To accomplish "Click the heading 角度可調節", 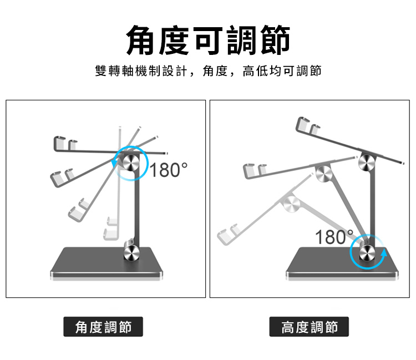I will click(208, 40).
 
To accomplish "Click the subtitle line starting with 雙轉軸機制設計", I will click(208, 71).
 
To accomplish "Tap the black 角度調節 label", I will click(104, 327).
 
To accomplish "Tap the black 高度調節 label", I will click(309, 327).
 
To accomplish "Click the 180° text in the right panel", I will click(331, 237).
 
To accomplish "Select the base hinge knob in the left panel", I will click(131, 253).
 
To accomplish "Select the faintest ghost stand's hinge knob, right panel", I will click(290, 205).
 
